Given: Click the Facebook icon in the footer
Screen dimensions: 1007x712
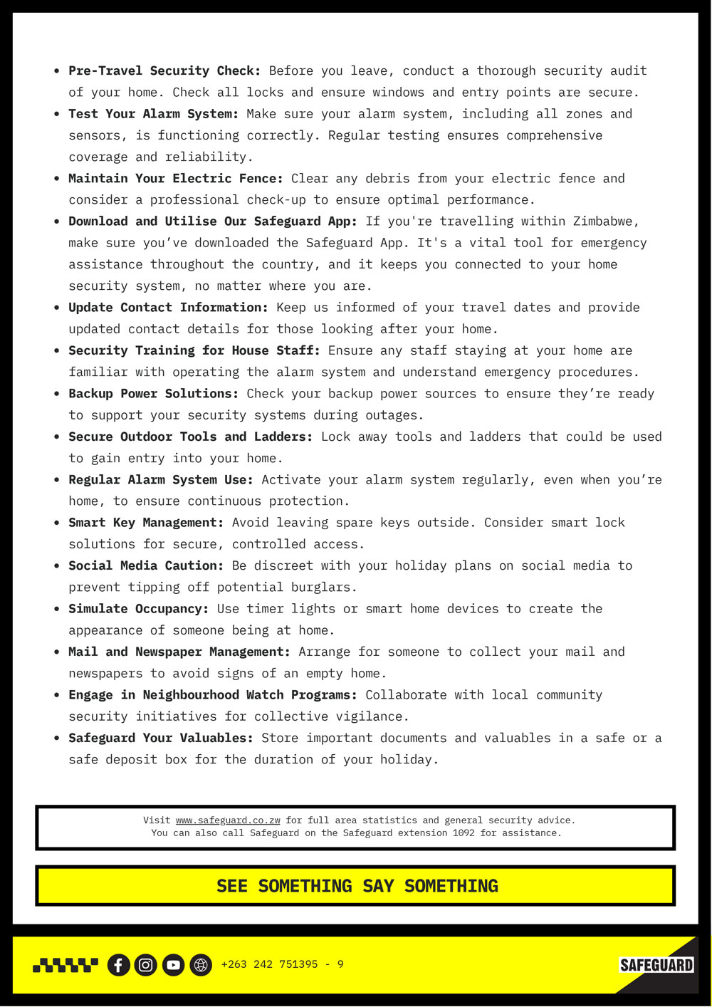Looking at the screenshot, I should tap(118, 965).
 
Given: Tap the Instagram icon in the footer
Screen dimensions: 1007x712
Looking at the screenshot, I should tap(145, 965).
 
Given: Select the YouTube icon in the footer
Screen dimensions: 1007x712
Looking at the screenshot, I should tap(173, 965).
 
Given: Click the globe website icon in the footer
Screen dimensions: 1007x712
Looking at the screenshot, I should tap(201, 965).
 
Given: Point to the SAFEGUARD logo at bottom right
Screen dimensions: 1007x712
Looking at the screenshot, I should tap(656, 965).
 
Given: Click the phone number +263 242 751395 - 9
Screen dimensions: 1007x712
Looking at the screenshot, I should tap(282, 964).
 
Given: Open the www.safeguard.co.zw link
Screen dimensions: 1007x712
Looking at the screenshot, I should tap(228, 820).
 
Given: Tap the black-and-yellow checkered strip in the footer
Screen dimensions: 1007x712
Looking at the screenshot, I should tap(66, 965).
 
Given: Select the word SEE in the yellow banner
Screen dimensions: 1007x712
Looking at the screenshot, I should tap(232, 886).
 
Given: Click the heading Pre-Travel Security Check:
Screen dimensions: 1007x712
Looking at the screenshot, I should tap(164, 71).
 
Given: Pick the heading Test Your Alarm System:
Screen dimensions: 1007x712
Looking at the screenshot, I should tap(153, 114).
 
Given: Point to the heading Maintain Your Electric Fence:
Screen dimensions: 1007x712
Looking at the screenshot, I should tap(175, 178).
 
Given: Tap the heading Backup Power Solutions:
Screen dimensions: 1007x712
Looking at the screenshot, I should tap(153, 393).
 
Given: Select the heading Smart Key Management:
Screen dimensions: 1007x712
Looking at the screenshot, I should tap(146, 523).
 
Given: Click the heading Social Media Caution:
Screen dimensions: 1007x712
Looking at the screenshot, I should tap(146, 565).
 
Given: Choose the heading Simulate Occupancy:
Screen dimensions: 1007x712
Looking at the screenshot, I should tap(138, 609).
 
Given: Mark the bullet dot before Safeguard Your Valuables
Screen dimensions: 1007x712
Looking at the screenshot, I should tap(56, 739).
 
